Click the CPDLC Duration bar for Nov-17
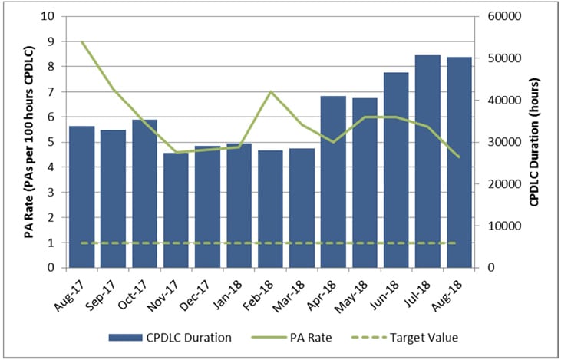pyautogui.click(x=176, y=210)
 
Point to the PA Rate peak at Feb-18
pyautogui.click(x=270, y=91)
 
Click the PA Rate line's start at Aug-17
pyautogui.click(x=82, y=41)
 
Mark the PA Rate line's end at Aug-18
pyautogui.click(x=459, y=157)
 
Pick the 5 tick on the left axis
pyautogui.click(x=51, y=142)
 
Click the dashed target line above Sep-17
pyautogui.click(x=113, y=243)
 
